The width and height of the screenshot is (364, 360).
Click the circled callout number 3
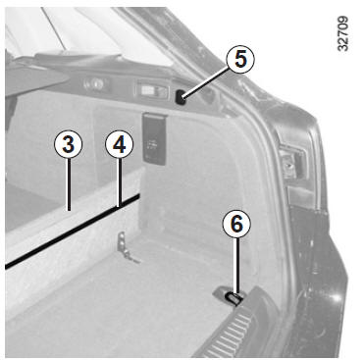coord(69,144)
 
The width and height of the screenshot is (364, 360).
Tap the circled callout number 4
coord(120,144)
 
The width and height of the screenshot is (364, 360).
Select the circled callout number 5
coord(240,60)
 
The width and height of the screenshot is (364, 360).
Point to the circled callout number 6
coord(236,224)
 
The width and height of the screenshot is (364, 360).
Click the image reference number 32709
coord(342,34)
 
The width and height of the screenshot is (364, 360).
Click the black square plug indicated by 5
coord(181,97)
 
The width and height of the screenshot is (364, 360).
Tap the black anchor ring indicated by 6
coord(234,298)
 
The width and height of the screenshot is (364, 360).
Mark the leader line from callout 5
coord(206,82)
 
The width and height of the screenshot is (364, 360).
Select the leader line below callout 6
coord(237,266)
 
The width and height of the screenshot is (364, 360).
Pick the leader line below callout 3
coord(69,184)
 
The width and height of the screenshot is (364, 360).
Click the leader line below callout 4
coord(120,182)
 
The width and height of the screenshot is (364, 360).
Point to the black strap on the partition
coord(73,231)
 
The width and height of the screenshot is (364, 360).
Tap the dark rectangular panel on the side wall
coord(154,138)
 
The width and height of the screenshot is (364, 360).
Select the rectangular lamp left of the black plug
coord(152,91)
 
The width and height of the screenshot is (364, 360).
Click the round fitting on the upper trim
coord(94,84)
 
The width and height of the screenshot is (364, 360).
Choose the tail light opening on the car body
coord(293,163)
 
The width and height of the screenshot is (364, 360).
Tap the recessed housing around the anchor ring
coord(229,294)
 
